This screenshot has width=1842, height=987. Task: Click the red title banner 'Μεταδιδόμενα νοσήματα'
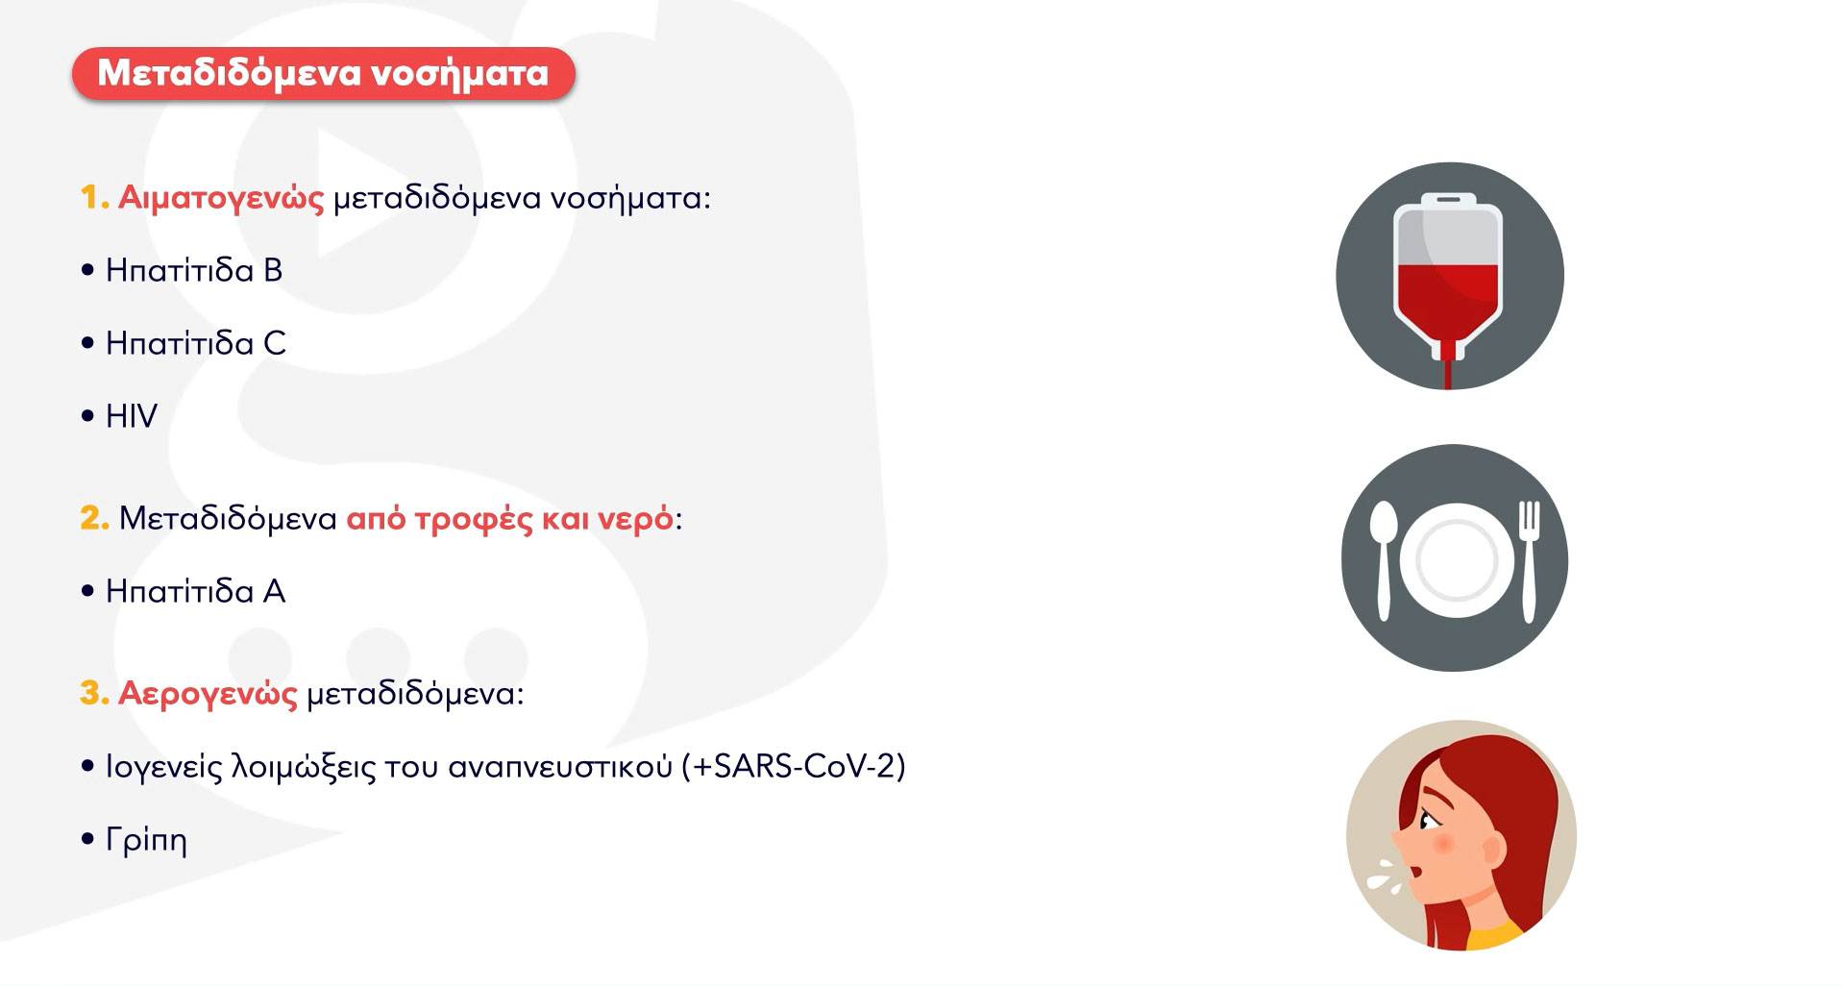pos(324,73)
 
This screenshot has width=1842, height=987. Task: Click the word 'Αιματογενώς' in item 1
pos(221,198)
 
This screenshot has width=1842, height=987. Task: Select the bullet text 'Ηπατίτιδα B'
pos(194,270)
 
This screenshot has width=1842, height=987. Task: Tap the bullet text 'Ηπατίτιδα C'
pos(196,343)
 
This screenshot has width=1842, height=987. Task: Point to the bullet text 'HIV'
pos(132,416)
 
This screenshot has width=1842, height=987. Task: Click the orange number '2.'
pos(94,518)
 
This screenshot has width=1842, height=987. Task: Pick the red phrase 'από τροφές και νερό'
pos(510,519)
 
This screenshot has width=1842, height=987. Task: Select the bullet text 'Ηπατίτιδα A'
pos(195,591)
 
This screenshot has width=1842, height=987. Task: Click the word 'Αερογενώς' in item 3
pos(208,694)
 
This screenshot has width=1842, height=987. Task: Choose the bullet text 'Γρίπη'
pos(146,840)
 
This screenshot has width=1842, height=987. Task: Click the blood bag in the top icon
pos(1448,280)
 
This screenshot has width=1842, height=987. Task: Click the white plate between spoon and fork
pos(1457,560)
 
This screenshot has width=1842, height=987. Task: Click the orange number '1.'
pos(93,198)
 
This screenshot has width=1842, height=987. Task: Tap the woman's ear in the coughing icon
pos(1493,851)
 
